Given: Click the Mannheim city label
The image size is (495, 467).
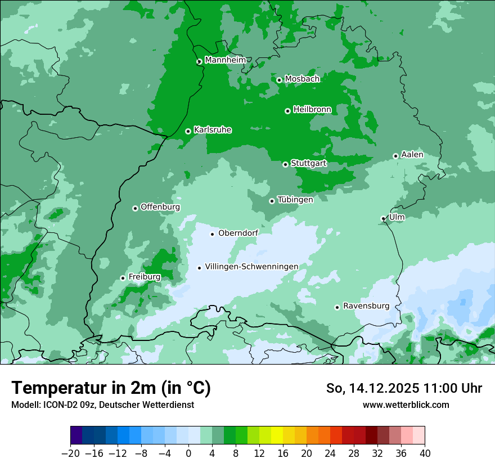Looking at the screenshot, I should tap(225, 60).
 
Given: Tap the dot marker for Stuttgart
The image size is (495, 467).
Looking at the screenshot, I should tap(285, 164).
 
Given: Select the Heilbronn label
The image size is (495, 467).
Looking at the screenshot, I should tap(312, 109).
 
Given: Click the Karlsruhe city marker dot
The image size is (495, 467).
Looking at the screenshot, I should tap(188, 131).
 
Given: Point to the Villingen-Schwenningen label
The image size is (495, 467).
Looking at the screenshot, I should tap(251, 267).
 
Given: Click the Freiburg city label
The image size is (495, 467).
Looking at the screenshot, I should tap(144, 277).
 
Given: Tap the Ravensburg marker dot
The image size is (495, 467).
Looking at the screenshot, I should tap(337, 307).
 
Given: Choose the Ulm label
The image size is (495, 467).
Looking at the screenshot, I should tap(397, 217).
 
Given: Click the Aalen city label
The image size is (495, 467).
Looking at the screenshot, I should tap(412, 155).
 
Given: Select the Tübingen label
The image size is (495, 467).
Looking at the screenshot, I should tap(295, 200).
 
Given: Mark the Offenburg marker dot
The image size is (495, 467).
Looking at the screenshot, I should tap(135, 208).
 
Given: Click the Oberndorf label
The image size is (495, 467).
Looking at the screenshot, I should tap(238, 233).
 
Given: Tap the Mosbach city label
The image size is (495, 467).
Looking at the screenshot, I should tap(301, 79).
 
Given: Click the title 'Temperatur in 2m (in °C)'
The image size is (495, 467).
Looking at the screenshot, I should tap(111, 388).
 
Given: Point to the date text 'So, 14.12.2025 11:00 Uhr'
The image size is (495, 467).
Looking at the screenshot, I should tap(404, 388).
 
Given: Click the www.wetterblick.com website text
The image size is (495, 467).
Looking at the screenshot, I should tap(406, 405).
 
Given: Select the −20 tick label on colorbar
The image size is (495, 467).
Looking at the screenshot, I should tap(70, 453).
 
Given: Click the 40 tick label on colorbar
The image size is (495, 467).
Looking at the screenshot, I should tap(425, 453).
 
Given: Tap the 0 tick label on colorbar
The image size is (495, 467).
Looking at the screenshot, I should tap(188, 453).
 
